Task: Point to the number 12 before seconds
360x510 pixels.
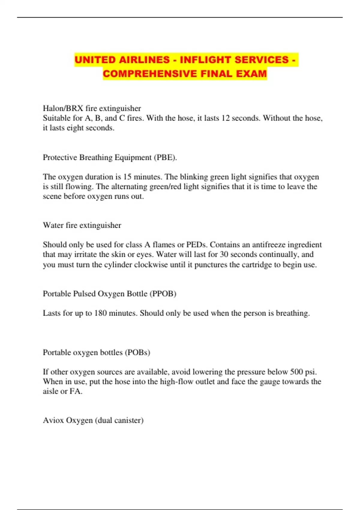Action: pyautogui.click(x=225, y=118)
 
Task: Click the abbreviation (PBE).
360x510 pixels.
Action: pyautogui.click(x=165, y=157)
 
